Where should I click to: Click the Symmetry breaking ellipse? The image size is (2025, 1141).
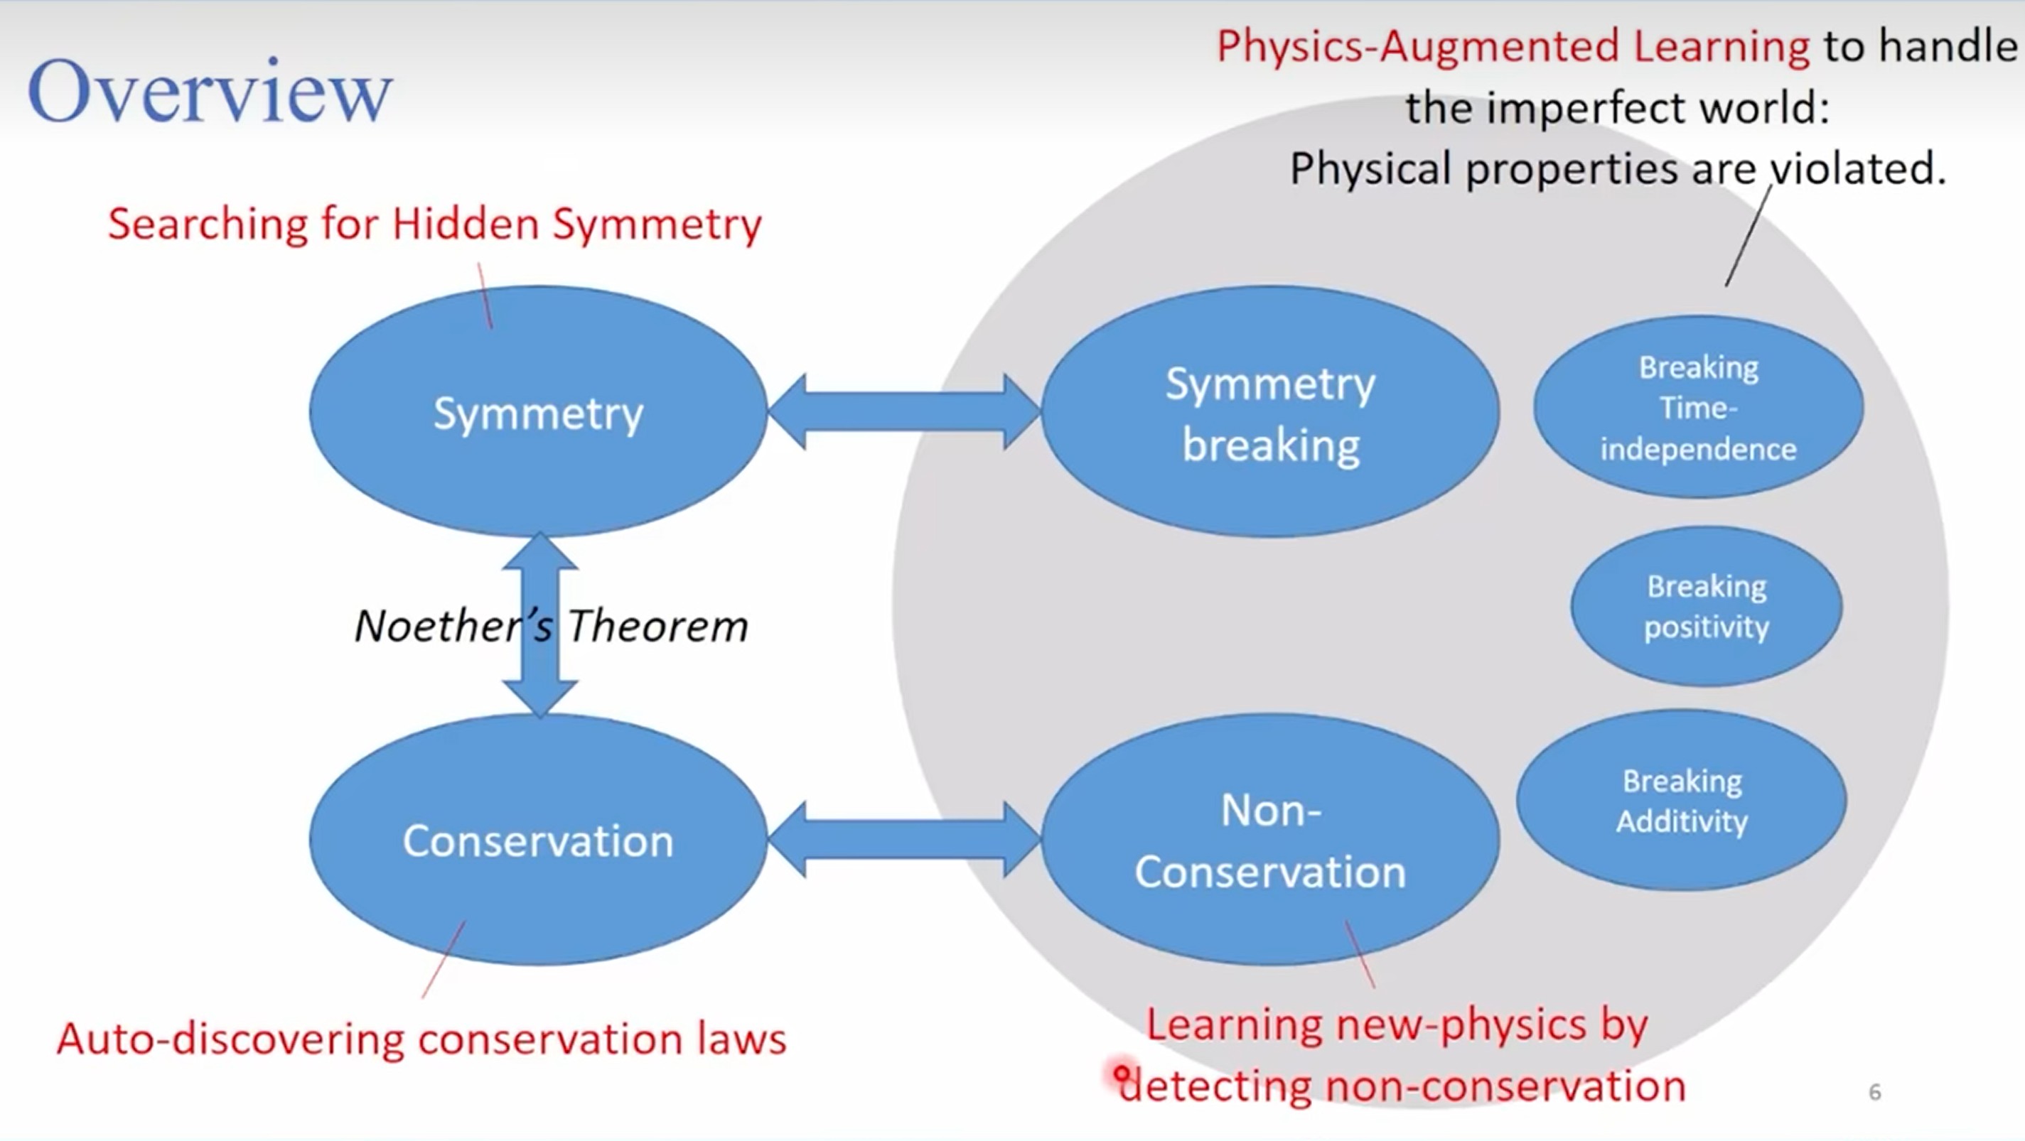point(1270,412)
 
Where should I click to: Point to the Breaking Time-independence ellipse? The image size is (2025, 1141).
point(1698,407)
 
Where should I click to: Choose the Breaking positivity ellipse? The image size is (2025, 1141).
point(1706,606)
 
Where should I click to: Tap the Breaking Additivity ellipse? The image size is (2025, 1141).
point(1682,800)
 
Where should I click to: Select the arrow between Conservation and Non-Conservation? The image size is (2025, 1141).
point(904,839)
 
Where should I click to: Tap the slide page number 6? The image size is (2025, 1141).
point(1875,1091)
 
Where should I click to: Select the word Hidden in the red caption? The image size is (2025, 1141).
point(466,224)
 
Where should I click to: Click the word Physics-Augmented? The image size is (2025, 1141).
point(1418,45)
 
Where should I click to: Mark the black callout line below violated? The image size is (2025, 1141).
point(1749,236)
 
